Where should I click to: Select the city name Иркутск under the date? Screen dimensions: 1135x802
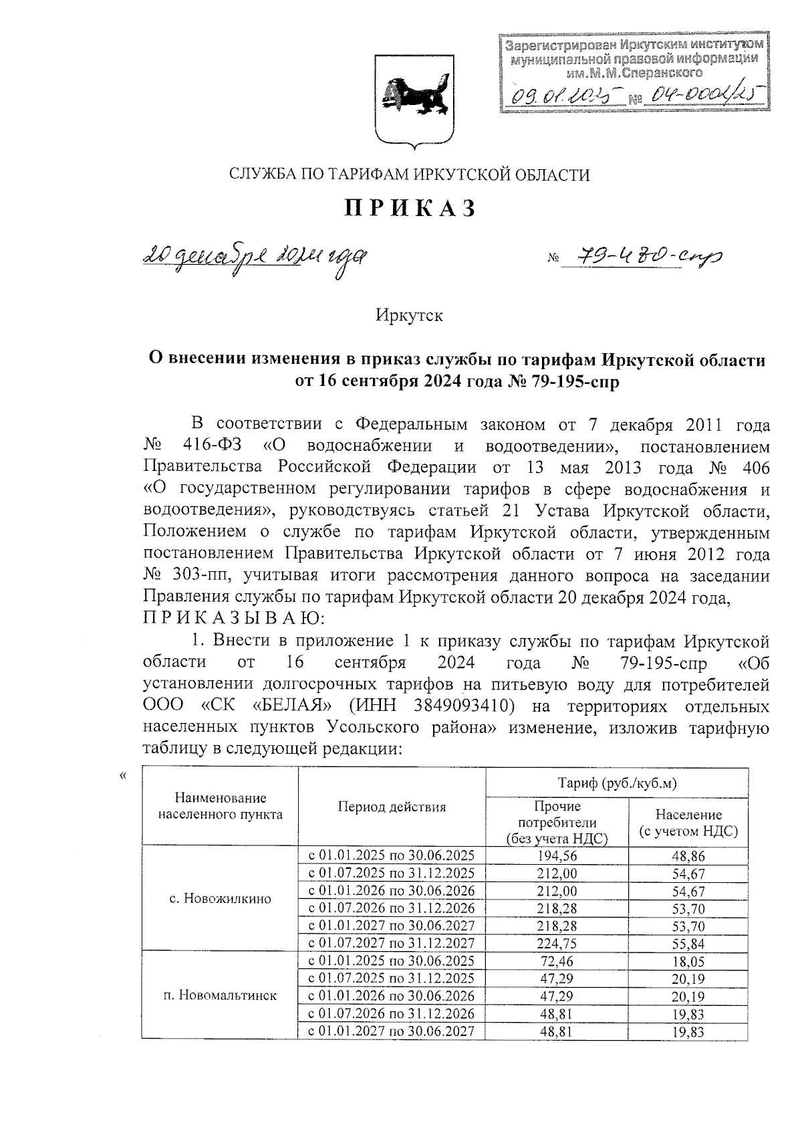pos(409,314)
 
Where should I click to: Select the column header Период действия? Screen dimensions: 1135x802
pos(391,807)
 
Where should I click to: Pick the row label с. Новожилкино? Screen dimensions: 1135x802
pos(221,898)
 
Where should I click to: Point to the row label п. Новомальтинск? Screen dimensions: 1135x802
pos(220,995)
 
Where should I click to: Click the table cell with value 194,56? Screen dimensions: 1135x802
pos(557,855)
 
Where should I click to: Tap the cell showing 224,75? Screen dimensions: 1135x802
pos(557,944)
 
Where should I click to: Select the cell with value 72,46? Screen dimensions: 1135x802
pos(557,962)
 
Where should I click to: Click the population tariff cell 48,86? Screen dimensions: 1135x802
pos(688,855)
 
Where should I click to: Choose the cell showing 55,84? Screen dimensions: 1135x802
pos(688,944)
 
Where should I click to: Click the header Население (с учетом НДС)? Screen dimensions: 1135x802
pos(688,823)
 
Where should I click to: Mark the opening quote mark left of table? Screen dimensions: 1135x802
pos(122,776)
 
